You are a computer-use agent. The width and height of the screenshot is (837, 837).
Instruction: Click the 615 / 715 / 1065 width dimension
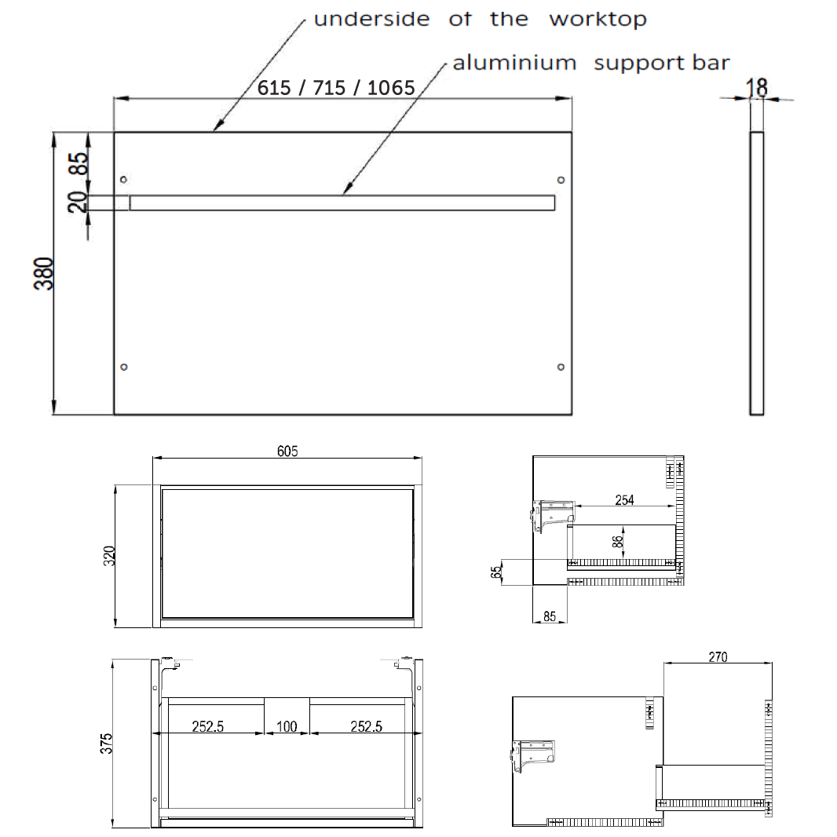coord(336,88)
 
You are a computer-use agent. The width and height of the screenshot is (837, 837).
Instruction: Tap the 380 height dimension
coord(46,273)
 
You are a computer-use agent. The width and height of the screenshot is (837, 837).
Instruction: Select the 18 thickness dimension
coord(758,86)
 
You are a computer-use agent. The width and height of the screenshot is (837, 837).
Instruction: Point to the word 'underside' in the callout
coord(371,19)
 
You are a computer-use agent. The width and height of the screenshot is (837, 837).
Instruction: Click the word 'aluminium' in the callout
coord(514,63)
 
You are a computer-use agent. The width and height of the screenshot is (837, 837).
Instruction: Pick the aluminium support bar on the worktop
coord(342,203)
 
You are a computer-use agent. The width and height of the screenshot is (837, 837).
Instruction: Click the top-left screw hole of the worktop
coord(123,180)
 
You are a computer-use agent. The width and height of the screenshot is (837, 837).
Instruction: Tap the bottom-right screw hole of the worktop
coord(561,367)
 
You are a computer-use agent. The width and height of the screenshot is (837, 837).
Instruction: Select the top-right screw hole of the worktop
coord(561,180)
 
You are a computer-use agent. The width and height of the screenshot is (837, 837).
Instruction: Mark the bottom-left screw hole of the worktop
coord(123,367)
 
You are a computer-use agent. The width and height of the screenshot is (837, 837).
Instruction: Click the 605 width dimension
coord(287,451)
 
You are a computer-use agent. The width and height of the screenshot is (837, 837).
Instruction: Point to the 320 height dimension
coord(109,556)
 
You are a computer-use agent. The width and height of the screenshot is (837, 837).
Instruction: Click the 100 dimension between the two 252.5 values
coord(287,727)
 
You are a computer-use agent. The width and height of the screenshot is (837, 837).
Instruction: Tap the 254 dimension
coord(624,500)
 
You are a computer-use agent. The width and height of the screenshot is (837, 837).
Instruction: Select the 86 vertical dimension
coord(618,540)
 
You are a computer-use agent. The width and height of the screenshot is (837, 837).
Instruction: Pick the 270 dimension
coord(718,656)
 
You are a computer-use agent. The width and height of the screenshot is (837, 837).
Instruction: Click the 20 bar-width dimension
coord(77,203)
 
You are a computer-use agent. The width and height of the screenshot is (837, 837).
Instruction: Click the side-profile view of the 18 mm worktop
coord(757,273)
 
